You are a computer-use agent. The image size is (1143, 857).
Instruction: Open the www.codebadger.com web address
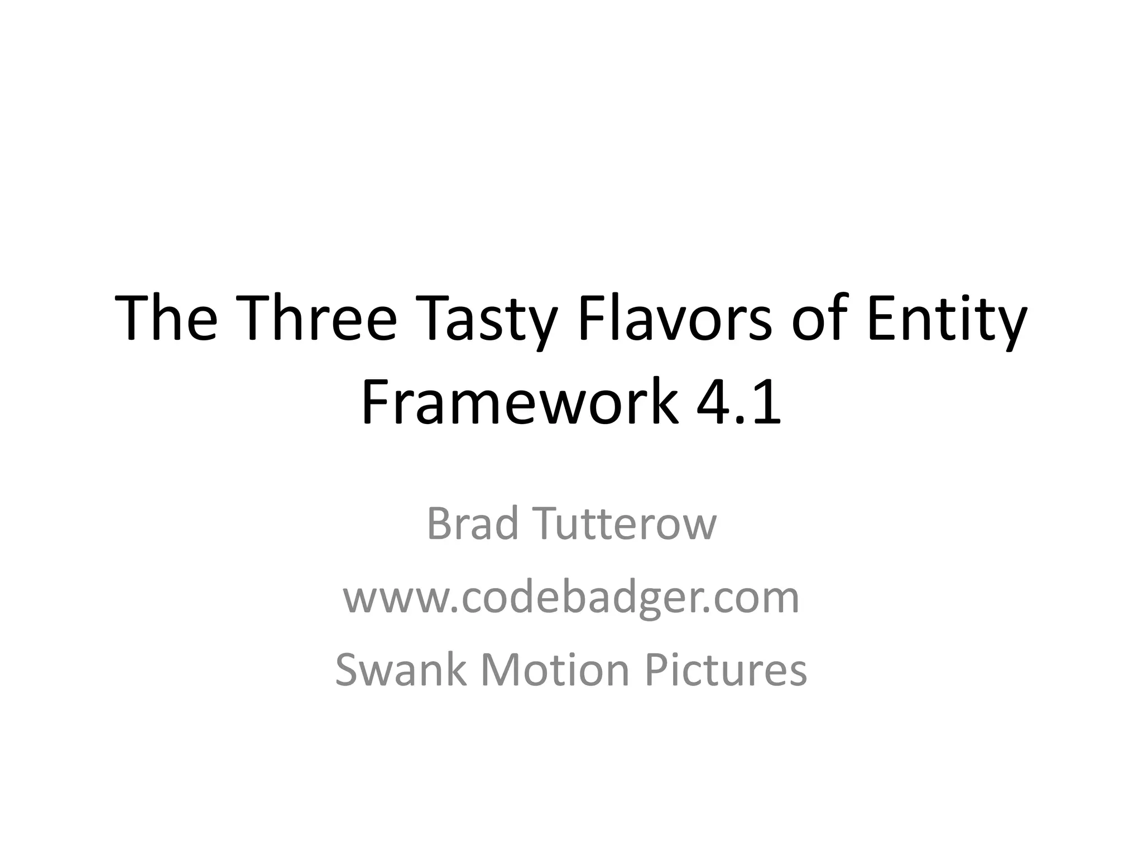coord(571,598)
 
